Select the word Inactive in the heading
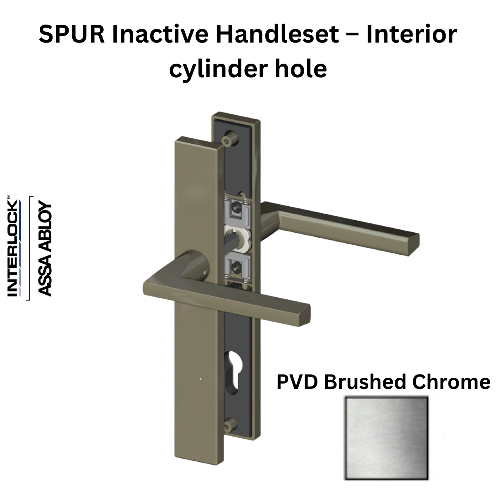(157, 35)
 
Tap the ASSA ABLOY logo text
(44, 249)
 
